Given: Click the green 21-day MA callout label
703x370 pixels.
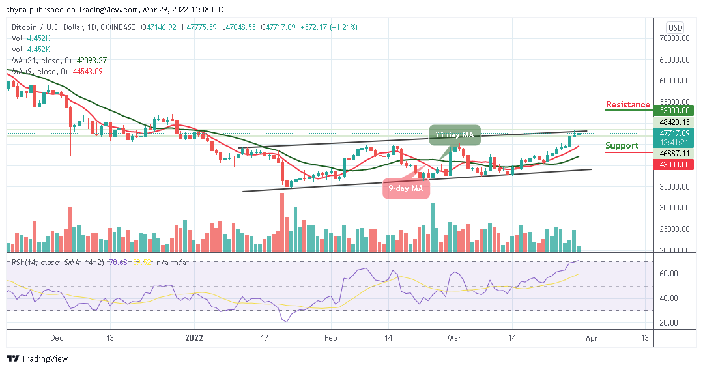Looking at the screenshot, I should [454, 135].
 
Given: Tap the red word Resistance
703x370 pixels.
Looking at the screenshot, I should [627, 104].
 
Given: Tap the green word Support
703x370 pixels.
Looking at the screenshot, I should [622, 145].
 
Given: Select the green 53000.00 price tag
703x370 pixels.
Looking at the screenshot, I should [674, 111].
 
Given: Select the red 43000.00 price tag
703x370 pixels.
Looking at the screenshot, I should [674, 165].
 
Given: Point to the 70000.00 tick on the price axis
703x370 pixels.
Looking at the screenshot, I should [674, 38].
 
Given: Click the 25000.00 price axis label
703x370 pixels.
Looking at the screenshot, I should [674, 229].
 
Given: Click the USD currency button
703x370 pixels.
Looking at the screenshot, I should [675, 27].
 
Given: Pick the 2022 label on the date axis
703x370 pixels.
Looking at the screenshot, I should [194, 338].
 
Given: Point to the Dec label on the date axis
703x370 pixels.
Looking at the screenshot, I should [56, 338].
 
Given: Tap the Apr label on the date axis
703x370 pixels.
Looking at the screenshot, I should [591, 338].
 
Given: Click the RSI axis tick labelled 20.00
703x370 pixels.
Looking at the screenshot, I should [670, 323].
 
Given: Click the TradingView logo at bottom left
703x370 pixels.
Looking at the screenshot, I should [37, 359].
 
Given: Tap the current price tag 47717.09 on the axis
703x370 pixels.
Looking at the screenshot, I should [674, 133].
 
